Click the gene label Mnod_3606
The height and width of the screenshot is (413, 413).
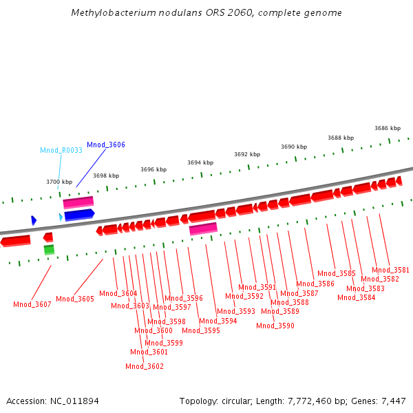(x=106, y=145)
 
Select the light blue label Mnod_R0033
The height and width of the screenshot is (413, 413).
(x=61, y=150)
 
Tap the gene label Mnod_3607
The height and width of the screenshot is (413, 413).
(x=32, y=304)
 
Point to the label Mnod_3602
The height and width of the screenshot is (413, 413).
(x=145, y=366)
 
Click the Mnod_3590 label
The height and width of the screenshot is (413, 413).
(x=275, y=326)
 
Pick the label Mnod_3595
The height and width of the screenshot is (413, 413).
(x=201, y=330)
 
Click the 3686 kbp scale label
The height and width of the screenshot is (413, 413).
(x=388, y=128)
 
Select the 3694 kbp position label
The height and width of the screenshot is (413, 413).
(x=200, y=162)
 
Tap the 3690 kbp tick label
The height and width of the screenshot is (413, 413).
(x=294, y=147)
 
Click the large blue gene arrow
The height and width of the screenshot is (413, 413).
(x=79, y=215)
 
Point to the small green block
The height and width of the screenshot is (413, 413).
(x=49, y=249)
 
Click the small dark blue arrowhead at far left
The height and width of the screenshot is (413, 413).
(x=34, y=220)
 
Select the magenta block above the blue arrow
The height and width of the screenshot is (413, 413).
(x=78, y=202)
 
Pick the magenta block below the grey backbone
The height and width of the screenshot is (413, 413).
(x=203, y=229)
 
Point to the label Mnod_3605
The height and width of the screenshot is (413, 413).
(x=75, y=299)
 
